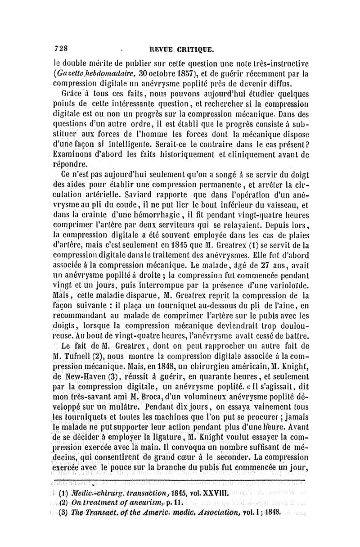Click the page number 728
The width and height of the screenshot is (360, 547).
coord(61,48)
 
